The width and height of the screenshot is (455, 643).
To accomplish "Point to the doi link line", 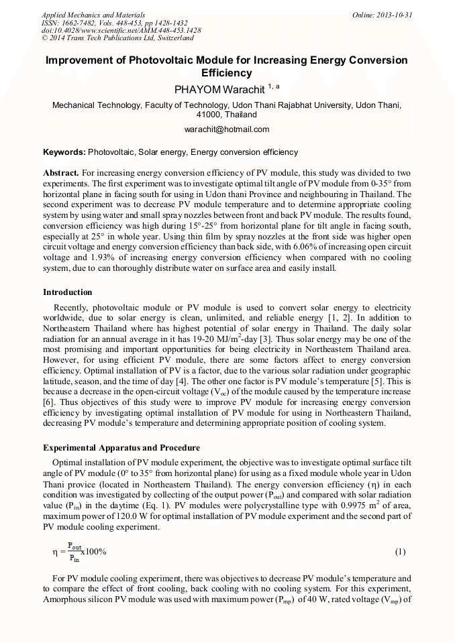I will click(121, 30).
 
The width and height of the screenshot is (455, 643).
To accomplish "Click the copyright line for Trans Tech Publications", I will click(117, 38).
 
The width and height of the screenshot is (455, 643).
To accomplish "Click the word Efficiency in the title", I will click(227, 73).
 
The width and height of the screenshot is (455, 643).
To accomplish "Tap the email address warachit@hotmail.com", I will click(227, 129).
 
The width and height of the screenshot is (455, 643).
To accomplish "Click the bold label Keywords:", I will click(64, 152).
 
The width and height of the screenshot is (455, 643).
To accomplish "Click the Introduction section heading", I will click(68, 292).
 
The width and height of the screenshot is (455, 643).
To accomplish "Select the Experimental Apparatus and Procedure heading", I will click(121, 447).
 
